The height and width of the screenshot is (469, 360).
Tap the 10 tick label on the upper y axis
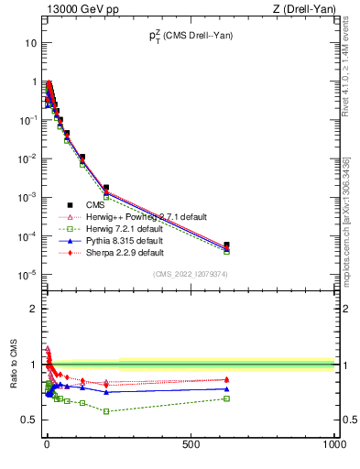coord(30,43)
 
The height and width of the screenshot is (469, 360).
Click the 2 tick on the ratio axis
coord(32,309)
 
